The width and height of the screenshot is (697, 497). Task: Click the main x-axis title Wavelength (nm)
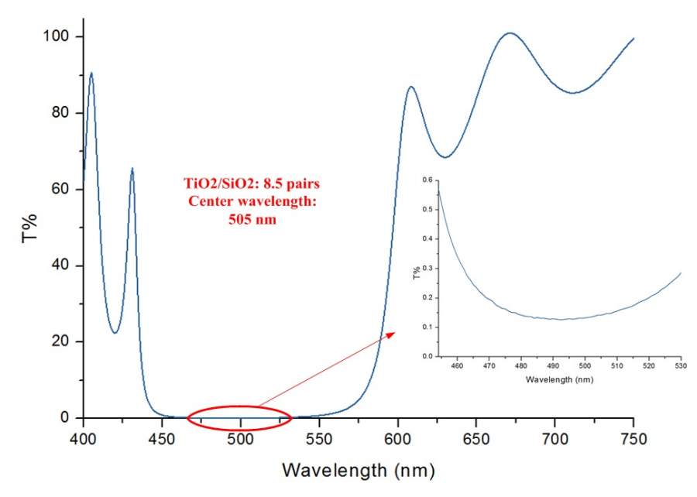359,470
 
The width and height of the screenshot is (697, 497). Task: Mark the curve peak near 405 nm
91,73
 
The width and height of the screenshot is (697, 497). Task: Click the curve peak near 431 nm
132,168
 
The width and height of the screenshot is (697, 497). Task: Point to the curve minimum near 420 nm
114,333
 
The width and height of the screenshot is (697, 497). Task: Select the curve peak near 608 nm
410,87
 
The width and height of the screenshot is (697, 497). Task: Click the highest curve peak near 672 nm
510,33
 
